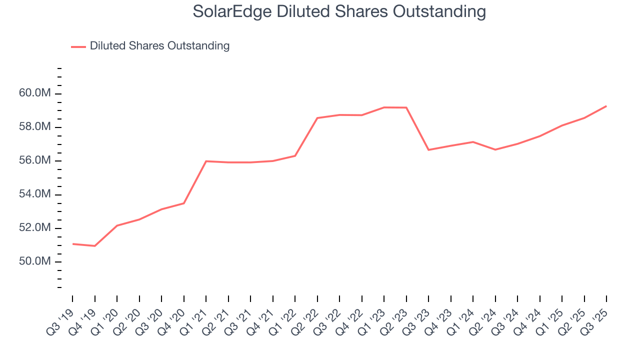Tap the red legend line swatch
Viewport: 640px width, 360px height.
coord(78,46)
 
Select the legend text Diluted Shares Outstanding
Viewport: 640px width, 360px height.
coord(159,46)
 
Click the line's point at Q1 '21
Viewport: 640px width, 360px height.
coord(206,161)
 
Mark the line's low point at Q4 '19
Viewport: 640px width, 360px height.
coord(94,246)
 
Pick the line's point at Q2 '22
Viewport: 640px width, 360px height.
coord(317,118)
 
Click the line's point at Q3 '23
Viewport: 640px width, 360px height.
coord(428,150)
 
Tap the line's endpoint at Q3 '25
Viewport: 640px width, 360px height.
coord(606,106)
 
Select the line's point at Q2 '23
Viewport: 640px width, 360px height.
coord(406,107)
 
